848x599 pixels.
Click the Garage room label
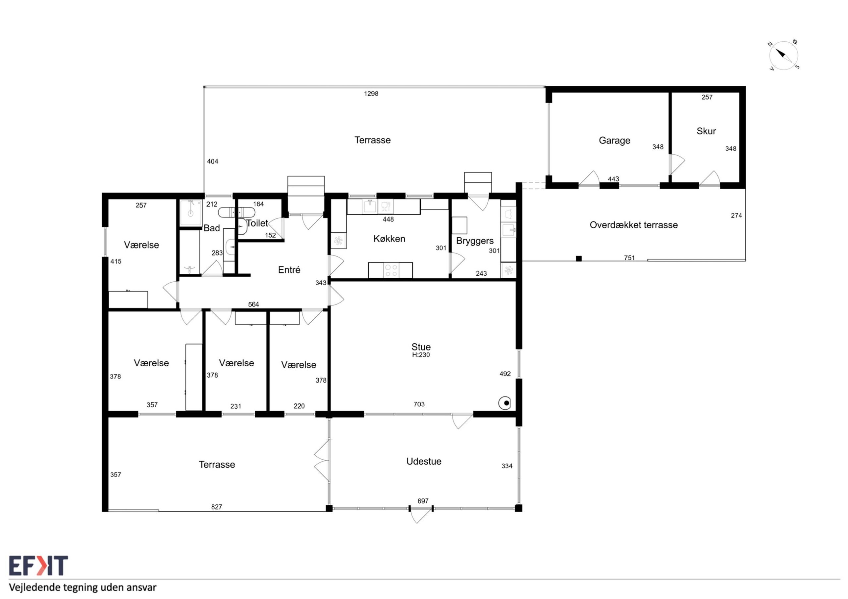pos(614,141)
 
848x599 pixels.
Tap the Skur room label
pos(706,131)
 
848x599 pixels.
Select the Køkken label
pos(389,239)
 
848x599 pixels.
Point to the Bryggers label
pos(475,241)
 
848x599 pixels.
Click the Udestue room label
pos(424,461)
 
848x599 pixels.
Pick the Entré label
pos(289,270)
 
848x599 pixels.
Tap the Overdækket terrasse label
pos(634,225)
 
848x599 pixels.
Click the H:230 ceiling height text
pos(421,355)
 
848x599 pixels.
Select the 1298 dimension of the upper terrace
pos(371,94)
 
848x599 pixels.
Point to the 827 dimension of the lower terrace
pos(217,507)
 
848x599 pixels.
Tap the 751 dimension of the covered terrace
pos(629,258)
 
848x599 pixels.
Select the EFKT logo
pos(38,566)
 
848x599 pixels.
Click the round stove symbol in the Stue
pos(504,403)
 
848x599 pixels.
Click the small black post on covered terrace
pos(579,258)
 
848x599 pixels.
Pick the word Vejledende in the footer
pos(35,587)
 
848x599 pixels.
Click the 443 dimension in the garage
pos(613,179)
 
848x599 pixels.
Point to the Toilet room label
pos(257,223)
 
